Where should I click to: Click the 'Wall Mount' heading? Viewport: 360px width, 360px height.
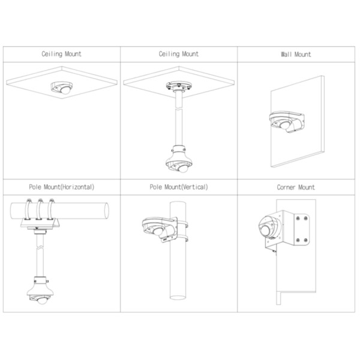click(296, 54)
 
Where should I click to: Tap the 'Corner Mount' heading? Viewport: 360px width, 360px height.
click(296, 187)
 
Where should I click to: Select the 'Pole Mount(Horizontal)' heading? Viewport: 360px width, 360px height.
click(61, 187)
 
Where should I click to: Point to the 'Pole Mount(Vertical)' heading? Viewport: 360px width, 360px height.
click(179, 187)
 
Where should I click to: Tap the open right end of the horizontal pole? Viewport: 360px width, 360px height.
click(106, 212)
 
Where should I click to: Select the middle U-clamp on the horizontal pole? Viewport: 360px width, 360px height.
click(41, 210)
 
